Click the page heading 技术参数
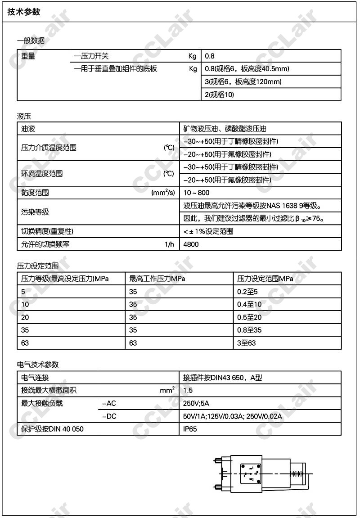pos(24,12)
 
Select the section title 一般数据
pos(31,41)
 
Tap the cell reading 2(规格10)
pos(219,95)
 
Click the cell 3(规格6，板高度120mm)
pos(243,82)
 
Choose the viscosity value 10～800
pos(197,193)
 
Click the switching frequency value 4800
pos(191,244)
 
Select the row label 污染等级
pos(35,212)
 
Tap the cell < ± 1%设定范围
pos(208,231)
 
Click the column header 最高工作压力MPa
pos(157,279)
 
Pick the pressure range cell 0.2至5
pos(247,292)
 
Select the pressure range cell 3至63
pos(246,343)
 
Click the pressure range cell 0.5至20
pos(249,317)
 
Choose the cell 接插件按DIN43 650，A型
pos(222,378)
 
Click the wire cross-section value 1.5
pos(188,391)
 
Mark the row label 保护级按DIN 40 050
pos(52,429)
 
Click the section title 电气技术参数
pos(38,365)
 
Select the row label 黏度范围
pos(35,193)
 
